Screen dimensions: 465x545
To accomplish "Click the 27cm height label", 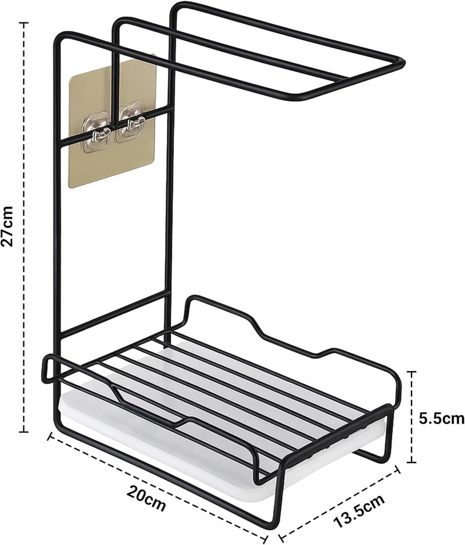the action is click(8, 226).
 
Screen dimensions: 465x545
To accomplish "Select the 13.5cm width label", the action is click(359, 512).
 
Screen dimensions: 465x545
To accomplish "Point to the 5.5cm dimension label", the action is click(441, 418).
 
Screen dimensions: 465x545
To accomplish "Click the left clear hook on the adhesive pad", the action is click(98, 131).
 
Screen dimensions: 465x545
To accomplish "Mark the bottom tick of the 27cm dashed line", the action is click(24, 432).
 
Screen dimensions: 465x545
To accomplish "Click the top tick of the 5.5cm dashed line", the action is click(412, 371).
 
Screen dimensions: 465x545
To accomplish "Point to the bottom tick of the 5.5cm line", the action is click(412, 462).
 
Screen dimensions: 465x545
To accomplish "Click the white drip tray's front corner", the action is click(268, 500).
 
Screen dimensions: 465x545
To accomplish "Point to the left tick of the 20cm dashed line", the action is click(50, 436).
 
